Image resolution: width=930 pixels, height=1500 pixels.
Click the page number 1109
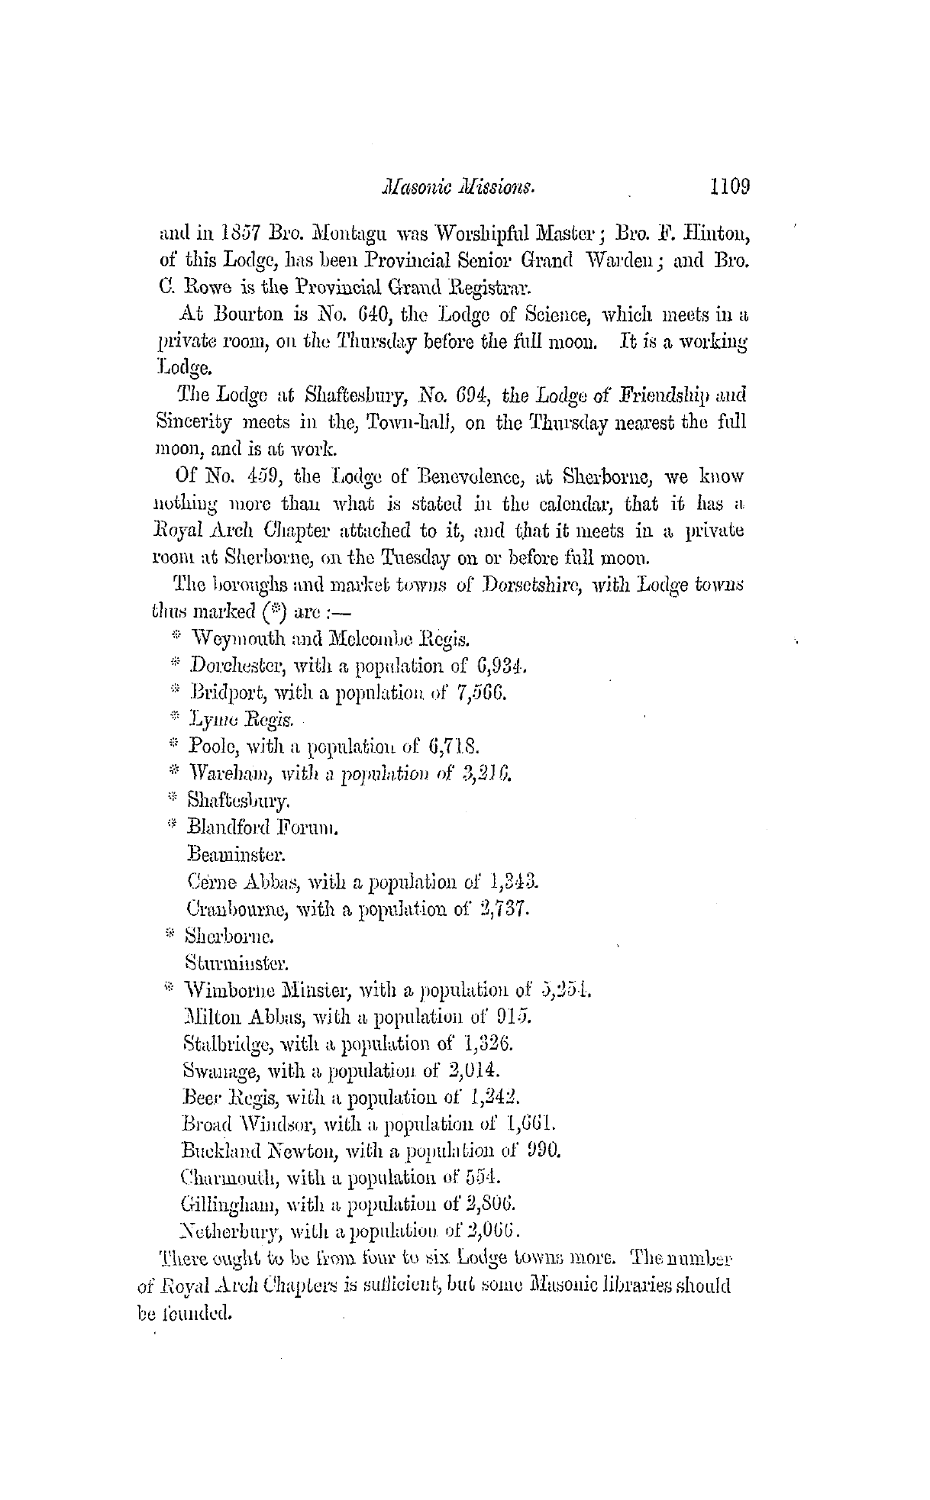tap(730, 186)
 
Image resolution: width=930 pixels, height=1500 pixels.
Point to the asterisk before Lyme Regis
tap(174, 718)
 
